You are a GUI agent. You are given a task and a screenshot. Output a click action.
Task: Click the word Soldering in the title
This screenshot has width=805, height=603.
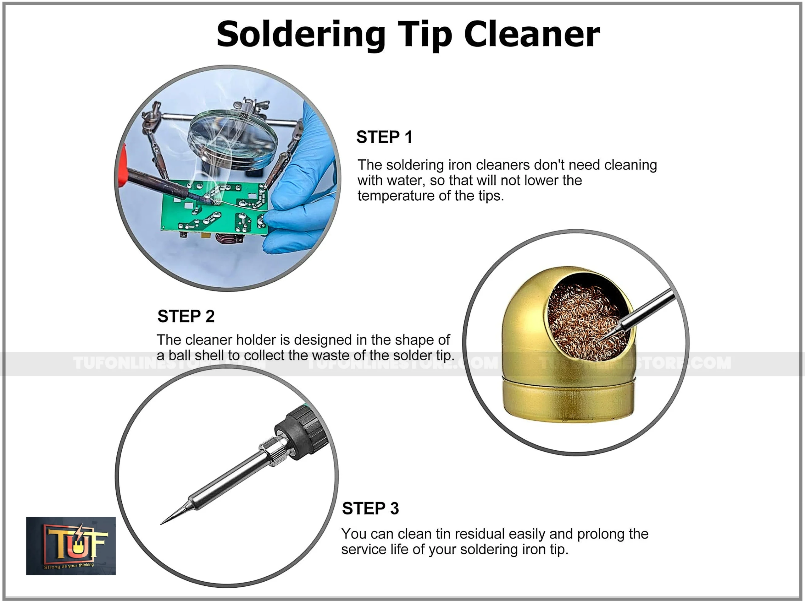[301, 35]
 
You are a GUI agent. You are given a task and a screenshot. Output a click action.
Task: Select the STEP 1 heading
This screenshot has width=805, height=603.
[384, 137]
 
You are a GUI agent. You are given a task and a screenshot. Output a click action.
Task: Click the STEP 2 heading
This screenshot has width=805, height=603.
[186, 316]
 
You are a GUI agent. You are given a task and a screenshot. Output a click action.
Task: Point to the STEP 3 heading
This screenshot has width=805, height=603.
[370, 508]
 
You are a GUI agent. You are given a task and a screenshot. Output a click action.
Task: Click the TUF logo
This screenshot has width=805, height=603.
[71, 546]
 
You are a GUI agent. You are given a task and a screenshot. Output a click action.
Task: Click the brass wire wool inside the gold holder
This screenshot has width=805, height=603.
[587, 322]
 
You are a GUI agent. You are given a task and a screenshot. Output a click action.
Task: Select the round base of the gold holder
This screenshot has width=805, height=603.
[569, 398]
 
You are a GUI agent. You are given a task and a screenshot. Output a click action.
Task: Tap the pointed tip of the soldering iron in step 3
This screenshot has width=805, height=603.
[161, 524]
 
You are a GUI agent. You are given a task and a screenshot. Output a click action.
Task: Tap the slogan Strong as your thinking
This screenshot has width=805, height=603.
[69, 566]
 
